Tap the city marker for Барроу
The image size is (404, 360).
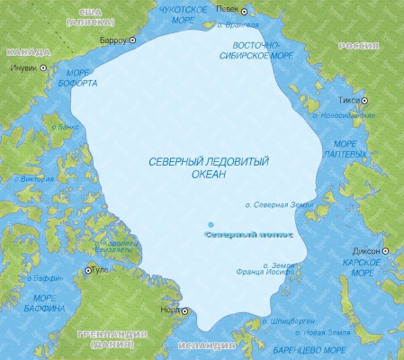(x=133, y=40)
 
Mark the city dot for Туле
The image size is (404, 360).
(x=87, y=270)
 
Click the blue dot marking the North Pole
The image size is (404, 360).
(x=211, y=224)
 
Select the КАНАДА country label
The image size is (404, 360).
(x=27, y=53)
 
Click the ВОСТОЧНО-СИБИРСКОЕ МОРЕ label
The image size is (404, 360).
(x=254, y=49)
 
